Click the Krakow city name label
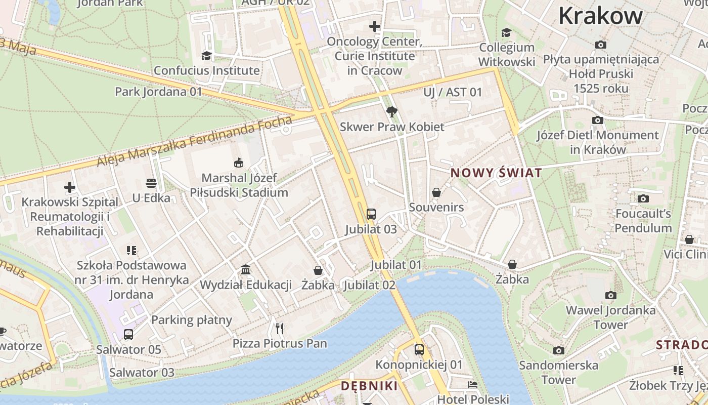(600, 16)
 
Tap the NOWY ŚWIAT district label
(496, 173)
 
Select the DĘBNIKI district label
(369, 386)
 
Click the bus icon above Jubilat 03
(371, 214)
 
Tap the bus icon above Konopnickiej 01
(419, 349)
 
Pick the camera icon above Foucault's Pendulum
(643, 198)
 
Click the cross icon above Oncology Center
(374, 26)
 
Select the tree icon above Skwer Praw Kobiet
(391, 112)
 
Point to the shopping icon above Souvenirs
(436, 192)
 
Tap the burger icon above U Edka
(151, 183)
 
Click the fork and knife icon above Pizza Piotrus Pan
(280, 328)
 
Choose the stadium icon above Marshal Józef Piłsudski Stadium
(238, 163)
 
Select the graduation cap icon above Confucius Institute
(206, 56)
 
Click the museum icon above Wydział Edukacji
(246, 269)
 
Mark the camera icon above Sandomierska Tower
(558, 350)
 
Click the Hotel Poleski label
(473, 399)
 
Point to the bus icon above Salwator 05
(128, 334)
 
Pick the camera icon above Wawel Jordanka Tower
(610, 295)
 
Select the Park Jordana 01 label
(158, 92)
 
